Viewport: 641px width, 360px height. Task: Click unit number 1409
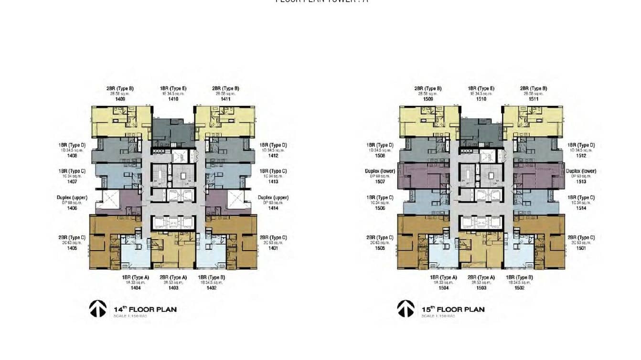(120, 99)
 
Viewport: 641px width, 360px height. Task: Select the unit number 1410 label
(173, 99)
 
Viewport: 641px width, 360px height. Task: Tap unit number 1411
(225, 99)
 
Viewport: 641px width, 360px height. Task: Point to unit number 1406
(72, 208)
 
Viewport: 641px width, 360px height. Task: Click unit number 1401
(273, 248)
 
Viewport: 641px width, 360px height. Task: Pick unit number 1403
(173, 288)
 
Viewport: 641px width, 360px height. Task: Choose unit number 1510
(481, 99)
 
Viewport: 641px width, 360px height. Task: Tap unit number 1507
(380, 182)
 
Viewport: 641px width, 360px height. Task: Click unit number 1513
(581, 182)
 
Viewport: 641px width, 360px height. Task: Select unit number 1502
(519, 288)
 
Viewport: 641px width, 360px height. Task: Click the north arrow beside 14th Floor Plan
(97, 309)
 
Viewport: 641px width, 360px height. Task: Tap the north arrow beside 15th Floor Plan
(406, 309)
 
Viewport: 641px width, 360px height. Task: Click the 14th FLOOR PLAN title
(145, 309)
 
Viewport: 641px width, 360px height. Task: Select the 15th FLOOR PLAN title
(453, 309)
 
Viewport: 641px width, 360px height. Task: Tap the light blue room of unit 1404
(135, 255)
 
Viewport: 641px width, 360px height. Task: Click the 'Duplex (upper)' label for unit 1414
(273, 198)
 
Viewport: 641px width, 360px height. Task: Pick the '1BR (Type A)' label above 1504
(443, 277)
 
